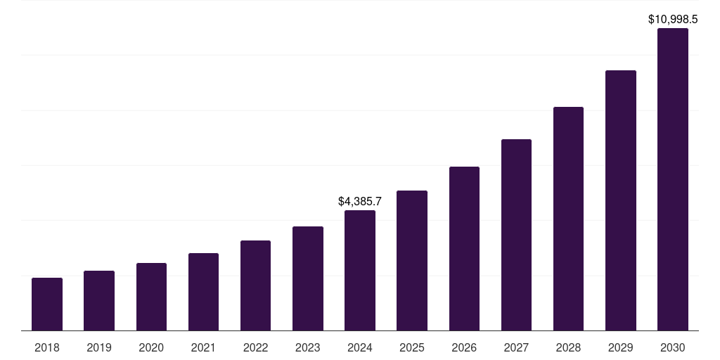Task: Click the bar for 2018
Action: coord(47,304)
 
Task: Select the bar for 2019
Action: coord(99,300)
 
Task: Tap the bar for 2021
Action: coord(203,292)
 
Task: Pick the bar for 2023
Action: coord(308,278)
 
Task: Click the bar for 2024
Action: coord(360,270)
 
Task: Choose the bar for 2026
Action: coord(464,248)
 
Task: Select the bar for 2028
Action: coord(568,219)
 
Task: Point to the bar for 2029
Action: coord(621,200)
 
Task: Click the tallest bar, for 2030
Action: coord(673,179)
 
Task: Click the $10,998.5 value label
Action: coord(673,20)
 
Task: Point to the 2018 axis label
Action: coord(47,347)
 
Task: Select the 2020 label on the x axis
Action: coord(151,347)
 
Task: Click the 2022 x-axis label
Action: coord(255,347)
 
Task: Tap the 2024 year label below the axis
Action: coord(360,347)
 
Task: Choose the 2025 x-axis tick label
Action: coord(412,347)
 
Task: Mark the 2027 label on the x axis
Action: coord(516,347)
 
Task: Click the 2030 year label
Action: coord(673,347)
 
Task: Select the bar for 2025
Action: coord(412,260)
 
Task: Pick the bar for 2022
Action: coord(255,285)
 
